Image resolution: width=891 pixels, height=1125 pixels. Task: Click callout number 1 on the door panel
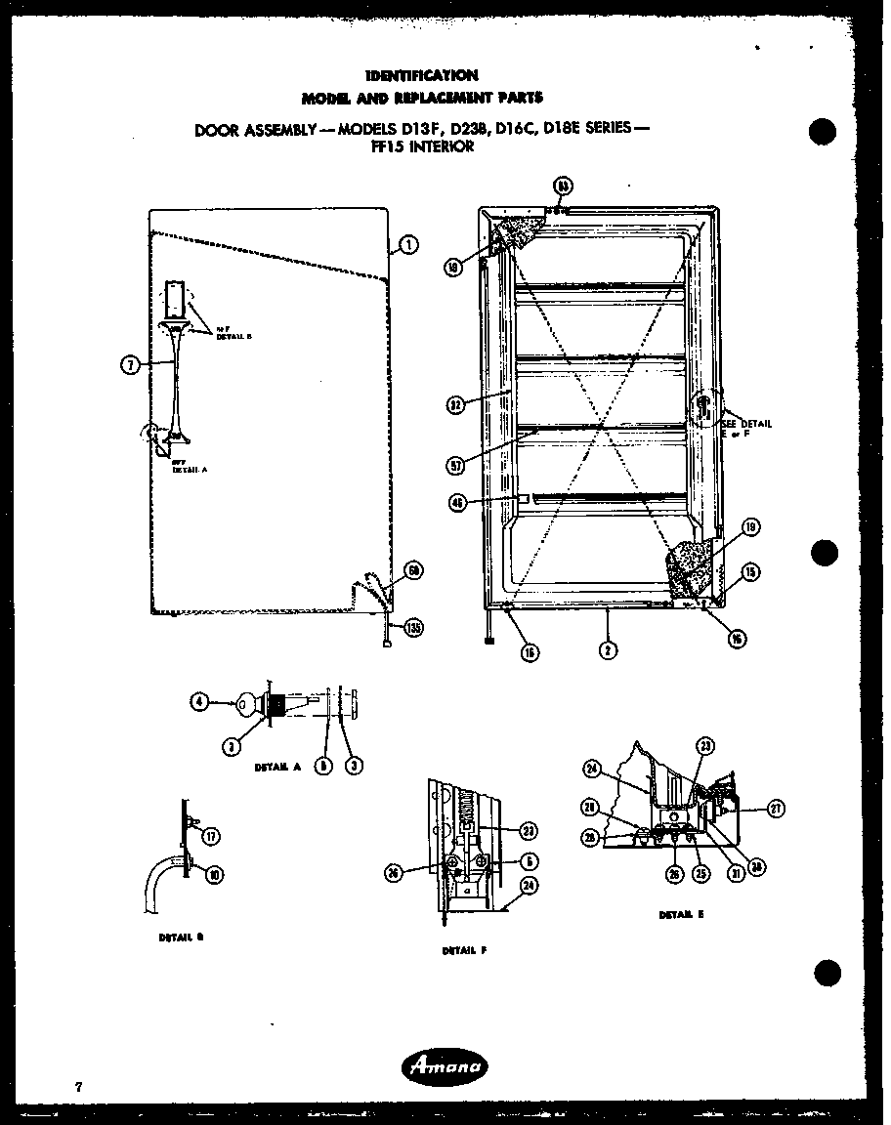[408, 245]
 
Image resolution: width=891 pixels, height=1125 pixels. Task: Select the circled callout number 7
[129, 366]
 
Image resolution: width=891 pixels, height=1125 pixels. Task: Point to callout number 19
[751, 528]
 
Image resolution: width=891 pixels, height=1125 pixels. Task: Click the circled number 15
[751, 572]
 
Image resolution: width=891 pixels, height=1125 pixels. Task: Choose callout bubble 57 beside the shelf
[455, 466]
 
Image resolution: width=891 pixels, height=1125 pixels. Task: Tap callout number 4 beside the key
[199, 700]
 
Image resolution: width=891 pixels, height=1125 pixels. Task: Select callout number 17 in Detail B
[212, 835]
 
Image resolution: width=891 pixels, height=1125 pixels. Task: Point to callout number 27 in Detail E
[777, 809]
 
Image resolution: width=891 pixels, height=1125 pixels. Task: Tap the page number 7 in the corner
[76, 1086]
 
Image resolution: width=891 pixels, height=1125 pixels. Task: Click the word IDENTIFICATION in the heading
[421, 75]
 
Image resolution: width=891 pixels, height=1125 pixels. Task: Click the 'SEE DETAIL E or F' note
[746, 429]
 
